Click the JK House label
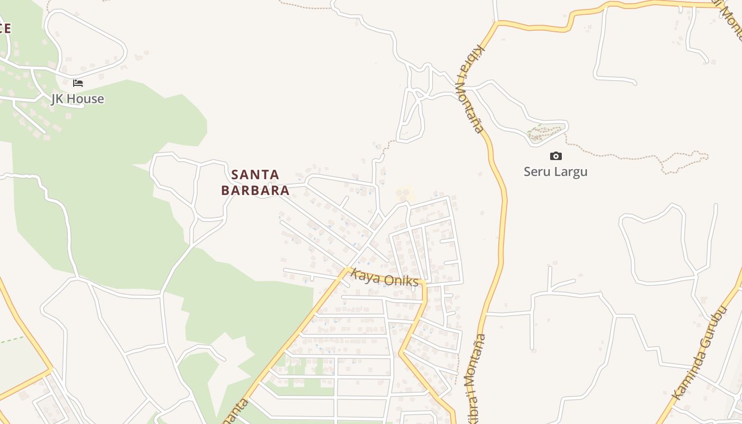(77, 99)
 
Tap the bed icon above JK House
(78, 83)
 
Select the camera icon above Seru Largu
(555, 156)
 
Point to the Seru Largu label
(555, 172)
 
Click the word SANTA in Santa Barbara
(255, 174)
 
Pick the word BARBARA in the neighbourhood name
(255, 190)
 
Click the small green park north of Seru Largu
(546, 132)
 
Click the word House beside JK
(86, 99)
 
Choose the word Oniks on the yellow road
(401, 280)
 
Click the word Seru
(536, 172)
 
